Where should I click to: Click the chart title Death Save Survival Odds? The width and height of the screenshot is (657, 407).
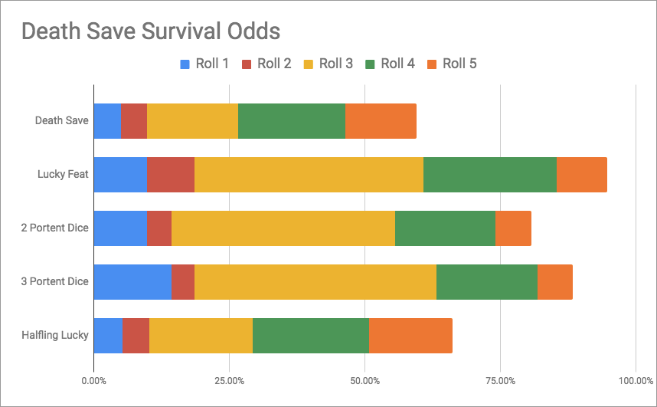150,31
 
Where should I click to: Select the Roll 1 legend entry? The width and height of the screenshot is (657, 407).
204,64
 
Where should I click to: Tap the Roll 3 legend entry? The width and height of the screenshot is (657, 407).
327,64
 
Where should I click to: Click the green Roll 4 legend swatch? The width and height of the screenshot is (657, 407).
371,64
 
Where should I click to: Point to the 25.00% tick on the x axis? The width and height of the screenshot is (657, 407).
229,380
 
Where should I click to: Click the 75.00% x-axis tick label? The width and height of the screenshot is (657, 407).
500,380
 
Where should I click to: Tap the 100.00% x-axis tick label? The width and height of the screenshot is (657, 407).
634,380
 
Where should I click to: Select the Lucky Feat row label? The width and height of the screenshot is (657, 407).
63,174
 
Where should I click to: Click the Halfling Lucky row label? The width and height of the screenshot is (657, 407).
55,335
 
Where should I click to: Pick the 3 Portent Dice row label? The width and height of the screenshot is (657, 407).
55,281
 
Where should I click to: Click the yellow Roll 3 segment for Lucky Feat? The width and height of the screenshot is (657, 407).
309,174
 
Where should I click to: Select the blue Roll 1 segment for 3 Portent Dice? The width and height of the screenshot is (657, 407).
132,281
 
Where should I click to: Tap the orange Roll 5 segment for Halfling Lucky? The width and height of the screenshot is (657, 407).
410,335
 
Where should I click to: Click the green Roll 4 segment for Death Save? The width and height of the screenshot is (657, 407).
292,120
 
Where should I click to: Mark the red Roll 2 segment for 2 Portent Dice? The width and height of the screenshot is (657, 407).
159,228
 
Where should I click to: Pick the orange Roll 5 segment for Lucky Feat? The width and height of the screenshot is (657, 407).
582,174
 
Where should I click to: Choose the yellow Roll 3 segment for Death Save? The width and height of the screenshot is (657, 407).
192,120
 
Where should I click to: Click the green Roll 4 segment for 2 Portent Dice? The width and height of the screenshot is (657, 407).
445,228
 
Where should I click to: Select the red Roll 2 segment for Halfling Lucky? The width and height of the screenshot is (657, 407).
136,335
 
